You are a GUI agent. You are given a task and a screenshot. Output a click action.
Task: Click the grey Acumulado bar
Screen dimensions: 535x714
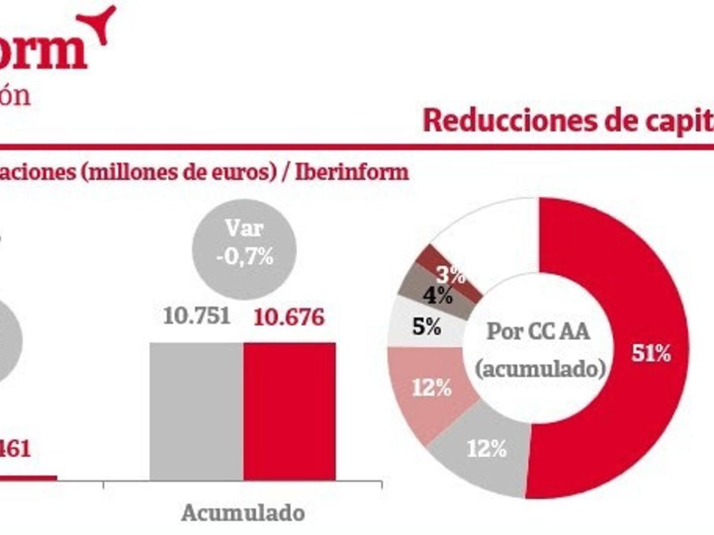pyautogui.click(x=196, y=411)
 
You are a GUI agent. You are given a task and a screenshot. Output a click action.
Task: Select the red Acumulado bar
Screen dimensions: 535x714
pyautogui.click(x=289, y=411)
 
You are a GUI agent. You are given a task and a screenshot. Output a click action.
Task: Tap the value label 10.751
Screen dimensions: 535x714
pyautogui.click(x=196, y=317)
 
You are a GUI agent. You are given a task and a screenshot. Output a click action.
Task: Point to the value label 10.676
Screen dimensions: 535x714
pyautogui.click(x=289, y=317)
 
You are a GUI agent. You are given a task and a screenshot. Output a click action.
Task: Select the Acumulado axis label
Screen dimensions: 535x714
pyautogui.click(x=243, y=513)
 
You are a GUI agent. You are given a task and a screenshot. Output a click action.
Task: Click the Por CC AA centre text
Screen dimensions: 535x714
pyautogui.click(x=538, y=331)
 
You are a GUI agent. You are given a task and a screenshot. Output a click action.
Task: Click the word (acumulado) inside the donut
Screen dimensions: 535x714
pyautogui.click(x=540, y=369)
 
